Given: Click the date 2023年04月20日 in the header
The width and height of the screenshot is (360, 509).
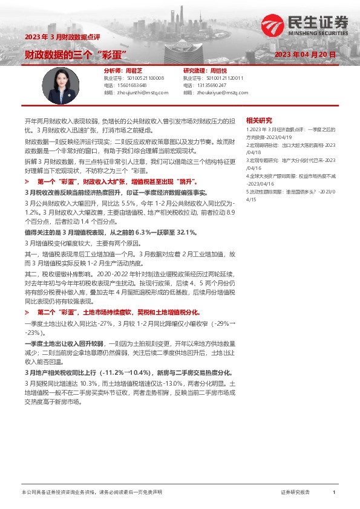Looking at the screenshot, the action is pyautogui.click(x=304, y=54).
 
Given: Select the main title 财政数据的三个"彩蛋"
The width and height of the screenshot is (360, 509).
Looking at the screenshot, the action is pyautogui.click(x=74, y=54).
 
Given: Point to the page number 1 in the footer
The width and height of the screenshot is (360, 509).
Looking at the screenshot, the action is pyautogui.click(x=334, y=493).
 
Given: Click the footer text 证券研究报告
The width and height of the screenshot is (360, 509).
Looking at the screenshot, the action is pyautogui.click(x=295, y=493).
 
